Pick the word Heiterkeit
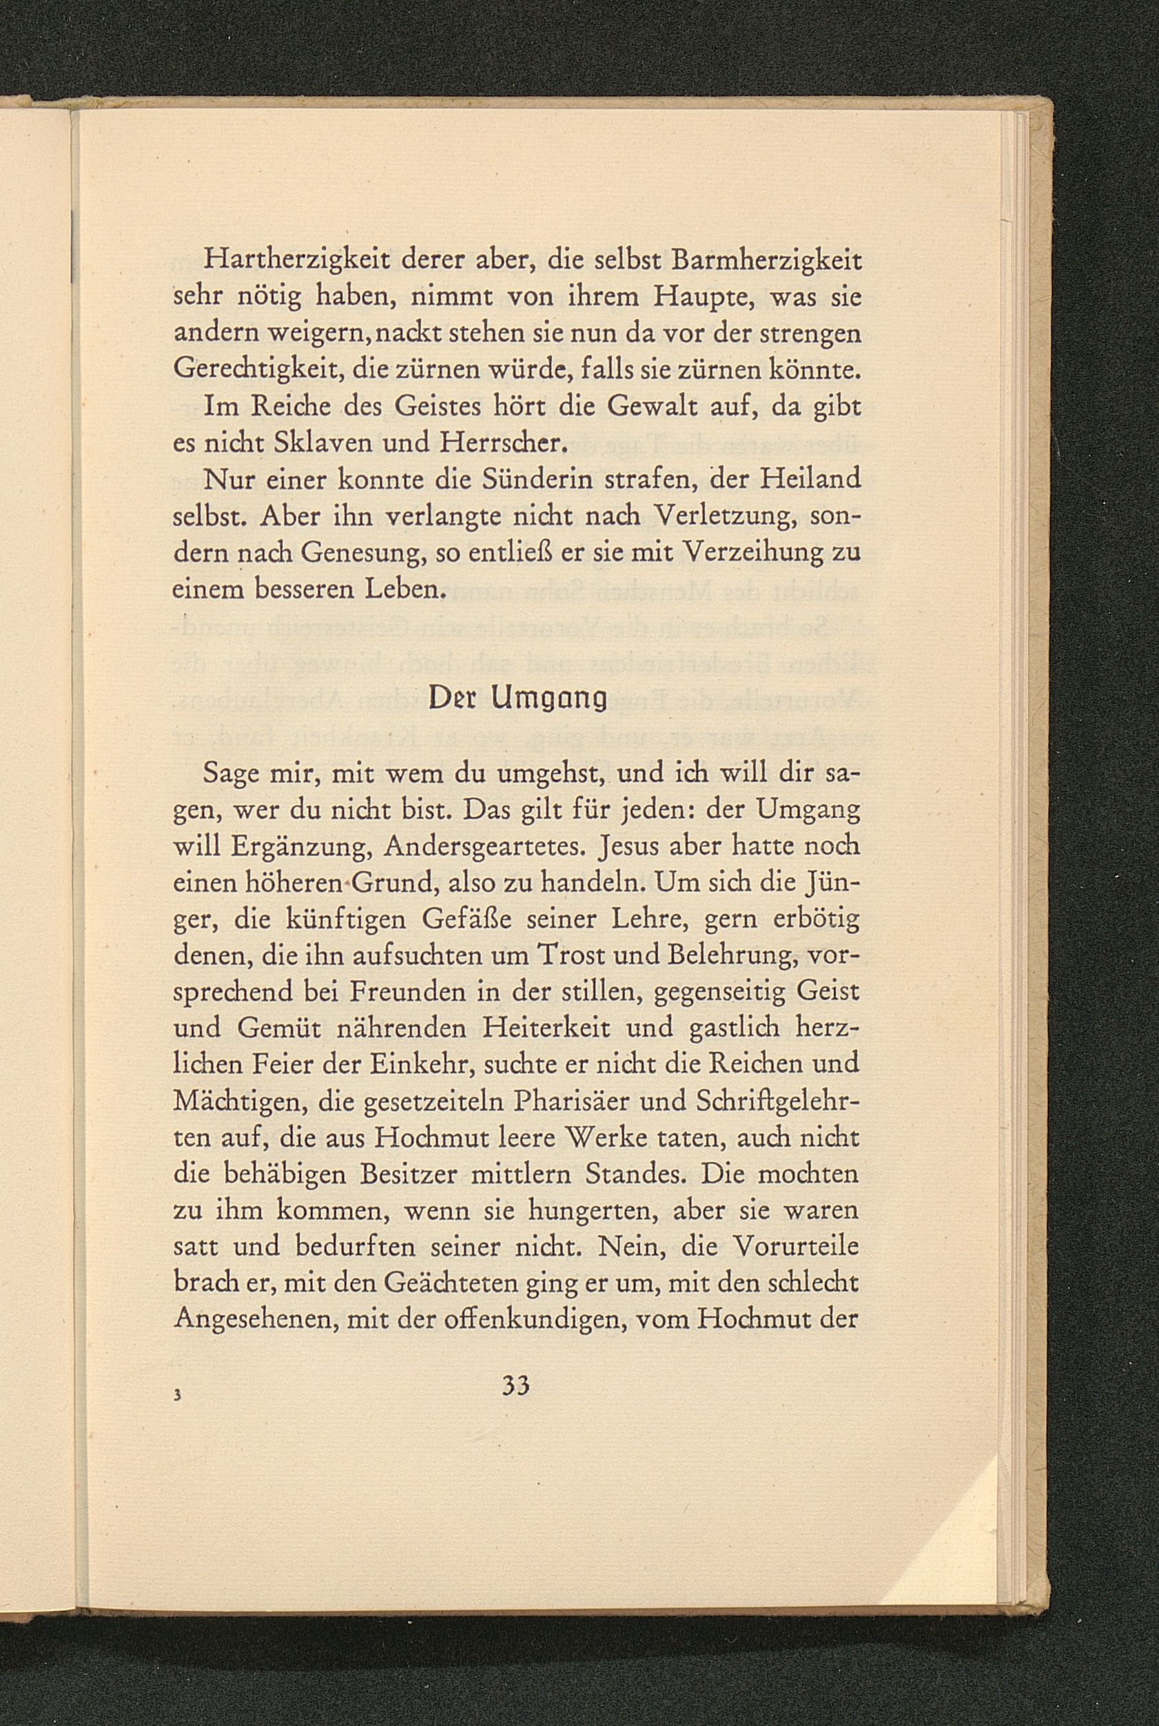click(x=553, y=1028)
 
